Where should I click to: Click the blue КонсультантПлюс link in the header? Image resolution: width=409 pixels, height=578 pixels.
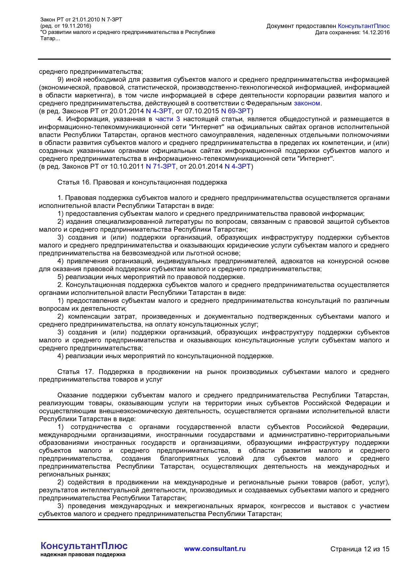(364, 26)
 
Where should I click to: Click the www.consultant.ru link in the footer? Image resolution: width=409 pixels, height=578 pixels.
(215, 549)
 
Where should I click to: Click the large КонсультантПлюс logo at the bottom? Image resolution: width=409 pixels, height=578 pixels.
(84, 546)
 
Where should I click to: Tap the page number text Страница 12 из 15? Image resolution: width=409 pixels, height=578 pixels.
(360, 549)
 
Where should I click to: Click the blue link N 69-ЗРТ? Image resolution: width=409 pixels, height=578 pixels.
(236, 111)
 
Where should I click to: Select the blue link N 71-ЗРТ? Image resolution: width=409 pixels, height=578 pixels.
(161, 166)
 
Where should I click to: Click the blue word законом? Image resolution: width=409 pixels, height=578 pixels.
(307, 103)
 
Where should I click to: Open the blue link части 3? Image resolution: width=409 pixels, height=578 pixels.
(168, 119)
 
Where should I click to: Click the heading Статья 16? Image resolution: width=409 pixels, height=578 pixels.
(74, 182)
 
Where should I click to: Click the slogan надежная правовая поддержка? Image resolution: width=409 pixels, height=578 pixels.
(83, 555)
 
